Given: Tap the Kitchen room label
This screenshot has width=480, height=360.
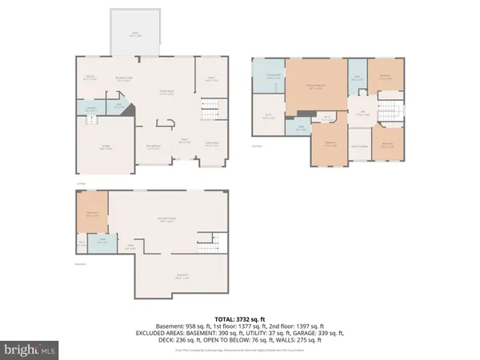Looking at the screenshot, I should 91,78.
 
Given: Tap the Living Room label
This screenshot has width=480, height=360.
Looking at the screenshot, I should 211,144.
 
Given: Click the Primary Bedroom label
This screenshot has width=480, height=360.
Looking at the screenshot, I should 318,86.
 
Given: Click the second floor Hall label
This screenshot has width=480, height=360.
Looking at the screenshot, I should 362,114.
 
